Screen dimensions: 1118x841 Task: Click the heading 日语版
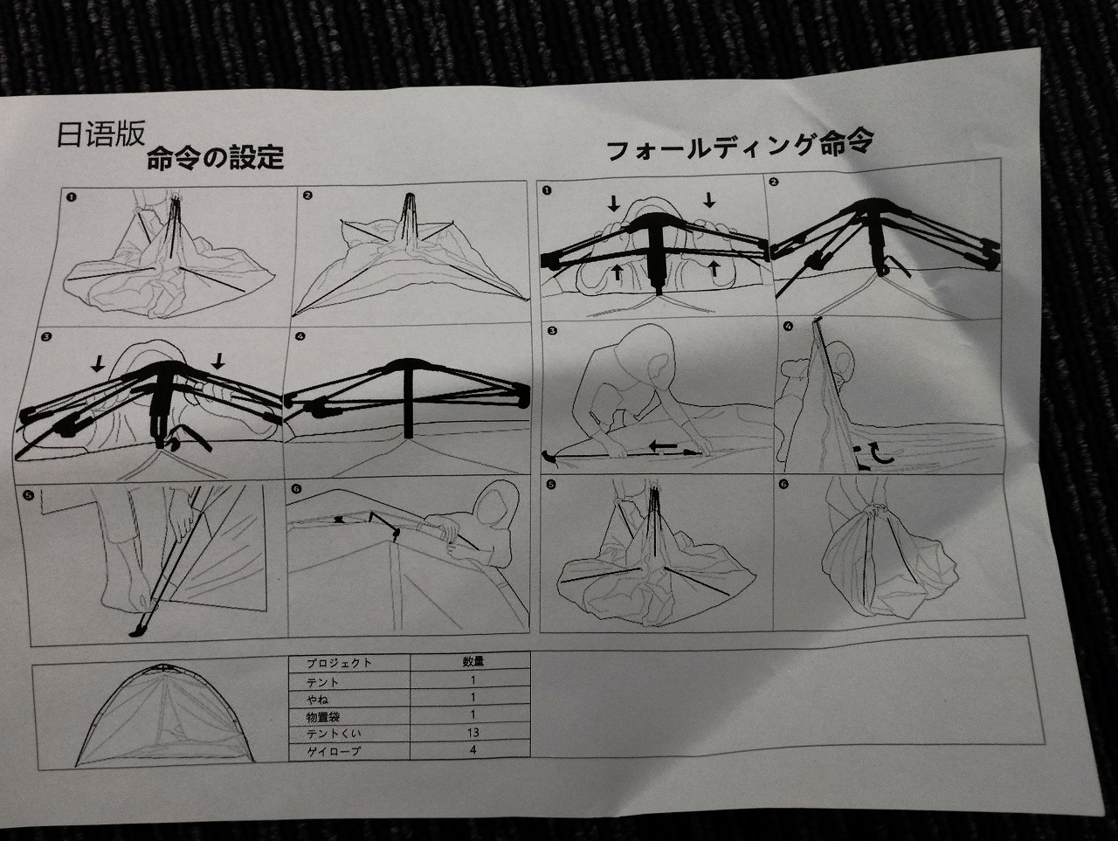point(100,134)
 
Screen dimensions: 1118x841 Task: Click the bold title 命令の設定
point(215,157)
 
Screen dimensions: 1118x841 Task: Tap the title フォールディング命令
point(741,145)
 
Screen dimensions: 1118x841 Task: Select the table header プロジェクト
point(339,663)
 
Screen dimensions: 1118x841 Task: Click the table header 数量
point(473,661)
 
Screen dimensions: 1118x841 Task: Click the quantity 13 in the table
point(473,732)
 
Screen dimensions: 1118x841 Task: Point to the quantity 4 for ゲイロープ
point(473,749)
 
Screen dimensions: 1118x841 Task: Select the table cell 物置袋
point(323,717)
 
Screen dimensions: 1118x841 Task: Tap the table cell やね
point(317,699)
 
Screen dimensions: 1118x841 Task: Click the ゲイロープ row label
point(334,751)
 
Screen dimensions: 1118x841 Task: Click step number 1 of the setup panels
point(71,196)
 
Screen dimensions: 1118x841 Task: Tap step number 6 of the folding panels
point(783,484)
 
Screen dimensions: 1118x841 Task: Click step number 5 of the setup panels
point(29,493)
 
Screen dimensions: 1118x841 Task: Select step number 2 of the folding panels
point(774,182)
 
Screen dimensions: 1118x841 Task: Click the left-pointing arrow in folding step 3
point(663,446)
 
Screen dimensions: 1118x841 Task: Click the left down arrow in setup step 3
point(98,363)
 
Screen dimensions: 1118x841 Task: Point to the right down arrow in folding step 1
point(708,200)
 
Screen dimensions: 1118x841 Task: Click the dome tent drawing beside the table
point(164,713)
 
